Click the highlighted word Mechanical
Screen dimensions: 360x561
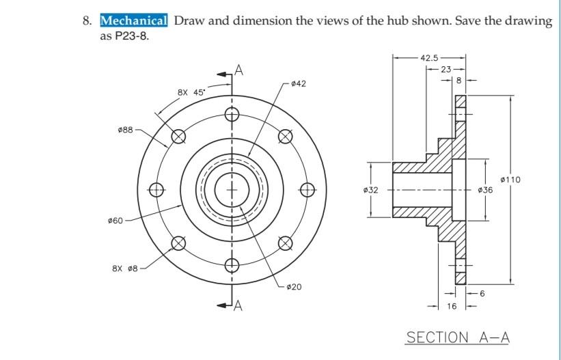tap(134, 20)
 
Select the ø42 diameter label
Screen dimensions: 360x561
tap(298, 83)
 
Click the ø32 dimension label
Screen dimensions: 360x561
tap(370, 190)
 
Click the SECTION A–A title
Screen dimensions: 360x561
tap(458, 337)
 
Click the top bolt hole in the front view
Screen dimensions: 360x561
tap(232, 115)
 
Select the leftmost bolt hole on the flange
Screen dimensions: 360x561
tap(156, 189)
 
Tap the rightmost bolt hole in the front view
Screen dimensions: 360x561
tap(307, 189)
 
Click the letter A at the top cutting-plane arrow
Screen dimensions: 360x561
tap(238, 69)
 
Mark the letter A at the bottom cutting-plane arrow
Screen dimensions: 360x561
tap(238, 305)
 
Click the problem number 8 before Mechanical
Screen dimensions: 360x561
tap(87, 20)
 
